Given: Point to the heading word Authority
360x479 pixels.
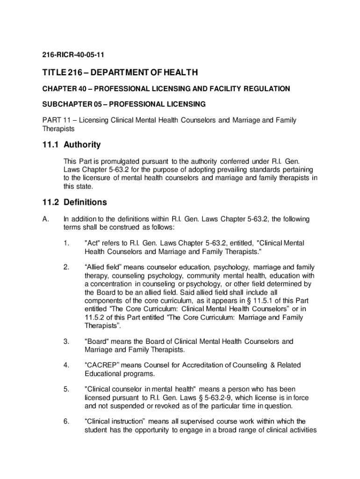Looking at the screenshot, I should (82, 145).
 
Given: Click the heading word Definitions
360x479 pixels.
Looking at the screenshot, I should (86, 203).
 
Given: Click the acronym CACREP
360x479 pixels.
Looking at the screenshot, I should (104, 365).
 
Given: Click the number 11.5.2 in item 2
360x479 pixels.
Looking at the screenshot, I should (95, 317).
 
